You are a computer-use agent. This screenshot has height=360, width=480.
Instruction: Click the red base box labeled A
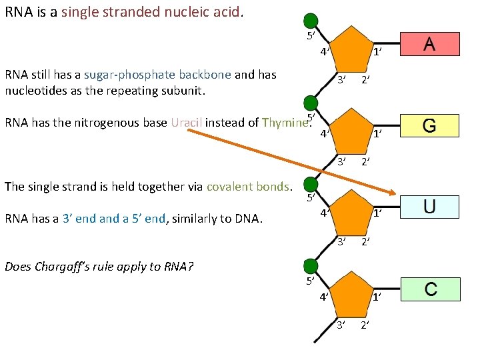click(x=429, y=44)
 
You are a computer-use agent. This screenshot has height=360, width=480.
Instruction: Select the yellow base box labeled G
click(x=429, y=125)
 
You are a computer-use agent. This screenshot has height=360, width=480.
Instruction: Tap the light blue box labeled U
click(x=429, y=207)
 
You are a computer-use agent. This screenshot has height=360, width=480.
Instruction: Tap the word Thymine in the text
click(x=285, y=123)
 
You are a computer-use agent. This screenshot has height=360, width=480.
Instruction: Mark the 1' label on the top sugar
click(x=377, y=53)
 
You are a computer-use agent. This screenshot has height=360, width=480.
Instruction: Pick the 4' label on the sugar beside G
click(x=323, y=133)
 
